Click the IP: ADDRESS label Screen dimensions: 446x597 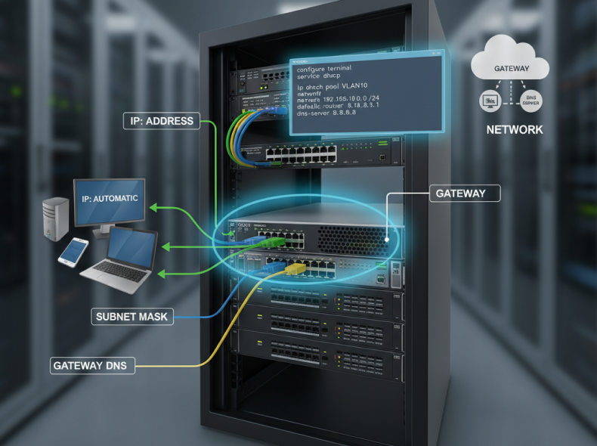(x=161, y=120)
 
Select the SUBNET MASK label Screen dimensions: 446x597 (x=133, y=317)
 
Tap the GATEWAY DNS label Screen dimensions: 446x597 (x=94, y=366)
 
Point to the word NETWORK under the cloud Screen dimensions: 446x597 (x=514, y=130)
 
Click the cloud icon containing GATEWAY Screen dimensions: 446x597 (x=511, y=66)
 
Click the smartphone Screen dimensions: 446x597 (x=73, y=252)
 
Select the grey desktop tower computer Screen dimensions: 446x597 (x=56, y=218)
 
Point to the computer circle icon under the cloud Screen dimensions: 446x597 (x=490, y=100)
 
